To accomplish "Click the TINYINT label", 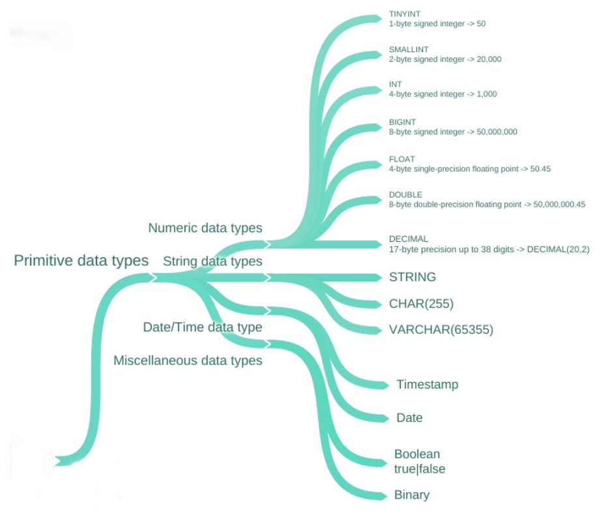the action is click(x=404, y=14).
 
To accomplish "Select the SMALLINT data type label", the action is click(x=409, y=50).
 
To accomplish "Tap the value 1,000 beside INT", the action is click(x=487, y=94).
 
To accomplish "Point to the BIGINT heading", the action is click(x=402, y=122).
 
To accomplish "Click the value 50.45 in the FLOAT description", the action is click(x=540, y=169).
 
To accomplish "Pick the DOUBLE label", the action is click(x=405, y=195).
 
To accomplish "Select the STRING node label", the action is click(x=413, y=277).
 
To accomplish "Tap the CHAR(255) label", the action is click(x=421, y=304).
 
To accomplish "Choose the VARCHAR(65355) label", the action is click(x=441, y=330).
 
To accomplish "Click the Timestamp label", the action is click(x=428, y=385).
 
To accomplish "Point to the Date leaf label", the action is click(x=409, y=418).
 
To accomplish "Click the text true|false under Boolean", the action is click(x=420, y=469).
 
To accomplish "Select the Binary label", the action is click(x=412, y=495).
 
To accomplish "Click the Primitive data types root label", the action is click(x=81, y=261).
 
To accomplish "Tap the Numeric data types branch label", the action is click(x=205, y=228).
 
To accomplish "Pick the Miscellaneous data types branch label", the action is click(x=188, y=360).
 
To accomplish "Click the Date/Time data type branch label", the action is click(x=203, y=327).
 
